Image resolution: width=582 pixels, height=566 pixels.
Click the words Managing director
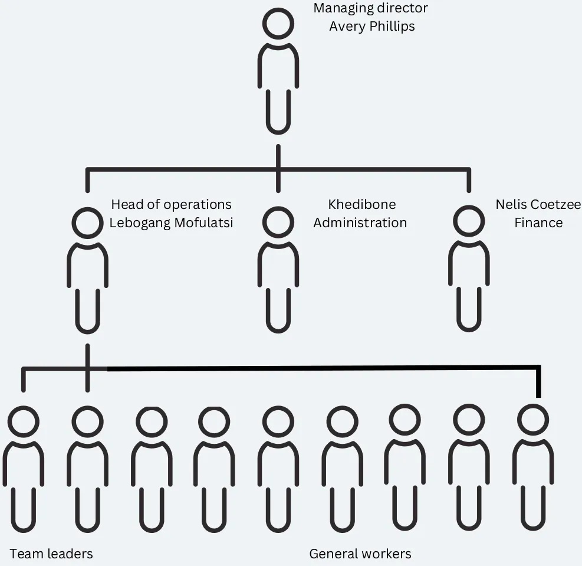[x=370, y=8]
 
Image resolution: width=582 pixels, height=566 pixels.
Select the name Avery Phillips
[x=371, y=27]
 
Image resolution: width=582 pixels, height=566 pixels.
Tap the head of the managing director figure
[x=278, y=24]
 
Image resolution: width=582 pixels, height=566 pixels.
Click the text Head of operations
[x=171, y=204]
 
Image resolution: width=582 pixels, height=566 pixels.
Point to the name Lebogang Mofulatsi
[x=171, y=223]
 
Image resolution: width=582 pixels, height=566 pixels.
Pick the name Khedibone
[x=361, y=204]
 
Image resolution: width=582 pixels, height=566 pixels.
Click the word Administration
[x=360, y=223]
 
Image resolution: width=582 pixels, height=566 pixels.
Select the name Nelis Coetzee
[x=538, y=204]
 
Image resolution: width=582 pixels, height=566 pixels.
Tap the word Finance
[x=538, y=223]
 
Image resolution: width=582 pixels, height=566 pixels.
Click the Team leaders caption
[x=51, y=554]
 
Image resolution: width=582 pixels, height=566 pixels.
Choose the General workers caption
[x=360, y=554]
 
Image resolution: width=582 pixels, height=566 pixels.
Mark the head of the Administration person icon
[x=278, y=223]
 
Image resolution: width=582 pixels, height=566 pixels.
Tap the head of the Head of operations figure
[x=87, y=223]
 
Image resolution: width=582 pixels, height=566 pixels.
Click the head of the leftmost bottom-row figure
[x=24, y=422]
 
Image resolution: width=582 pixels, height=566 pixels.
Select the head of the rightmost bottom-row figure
[x=533, y=420]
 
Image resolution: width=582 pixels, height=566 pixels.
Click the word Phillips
[x=392, y=27]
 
